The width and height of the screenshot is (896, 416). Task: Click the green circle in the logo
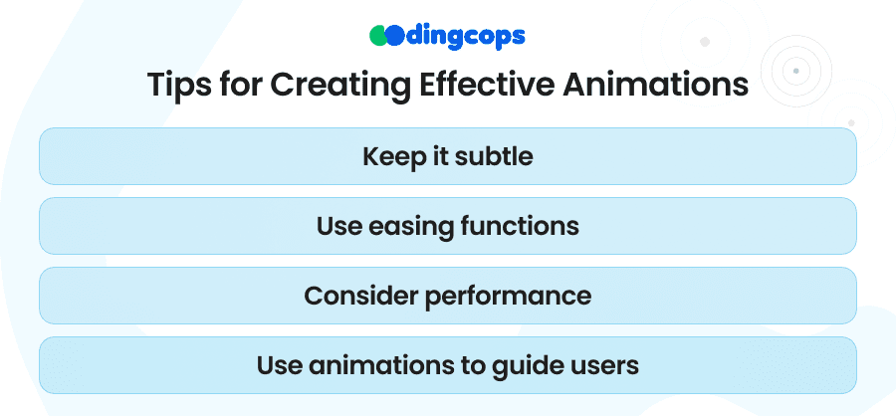[x=378, y=36]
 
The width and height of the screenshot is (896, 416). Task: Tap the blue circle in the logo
[x=394, y=36]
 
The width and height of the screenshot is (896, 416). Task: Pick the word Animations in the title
[x=655, y=85]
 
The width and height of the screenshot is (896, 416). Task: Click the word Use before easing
[x=339, y=227]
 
